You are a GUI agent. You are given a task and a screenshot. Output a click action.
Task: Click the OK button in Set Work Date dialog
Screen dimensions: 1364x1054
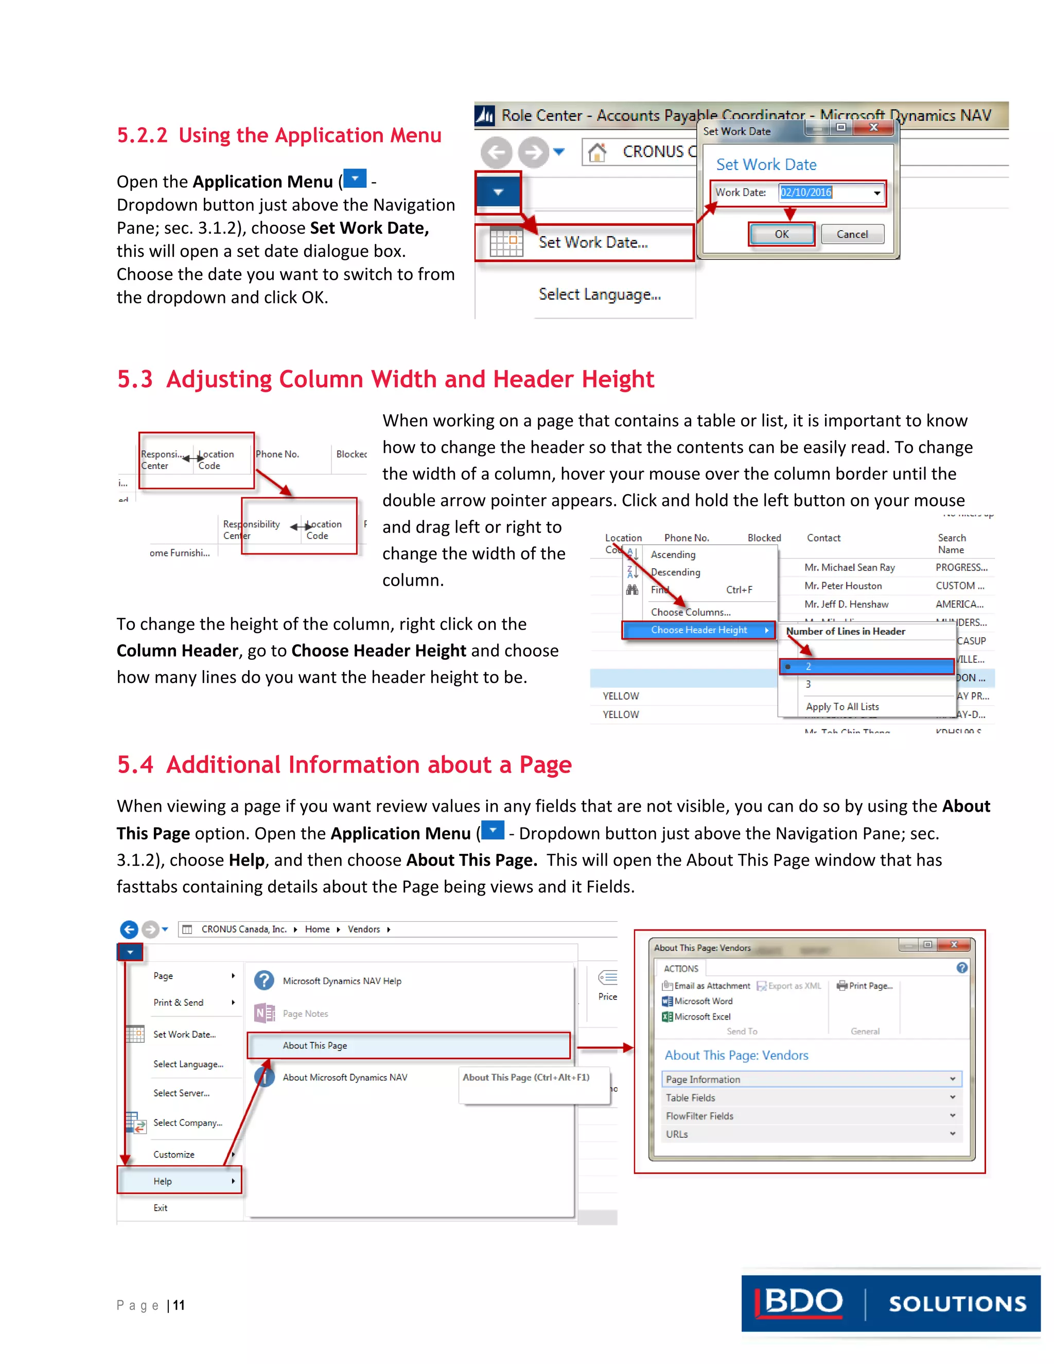(781, 234)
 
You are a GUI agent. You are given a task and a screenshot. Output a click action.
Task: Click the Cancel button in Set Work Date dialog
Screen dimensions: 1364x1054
(852, 234)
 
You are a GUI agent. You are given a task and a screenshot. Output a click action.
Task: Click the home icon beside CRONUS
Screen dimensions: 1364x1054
(597, 152)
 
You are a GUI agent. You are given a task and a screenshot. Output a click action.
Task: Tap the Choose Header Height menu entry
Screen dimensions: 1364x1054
(699, 629)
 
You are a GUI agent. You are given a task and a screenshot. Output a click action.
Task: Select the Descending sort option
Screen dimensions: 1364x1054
(675, 572)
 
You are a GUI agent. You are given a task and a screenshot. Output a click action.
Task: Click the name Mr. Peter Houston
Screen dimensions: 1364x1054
(842, 586)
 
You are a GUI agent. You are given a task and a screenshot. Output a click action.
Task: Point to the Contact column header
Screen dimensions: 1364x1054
(823, 538)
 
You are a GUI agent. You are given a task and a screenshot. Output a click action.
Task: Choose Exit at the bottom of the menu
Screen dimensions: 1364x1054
(161, 1208)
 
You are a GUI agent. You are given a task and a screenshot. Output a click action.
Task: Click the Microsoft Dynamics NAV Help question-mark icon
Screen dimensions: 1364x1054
(264, 981)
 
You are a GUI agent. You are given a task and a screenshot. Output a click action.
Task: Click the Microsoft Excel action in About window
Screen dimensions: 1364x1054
(701, 1017)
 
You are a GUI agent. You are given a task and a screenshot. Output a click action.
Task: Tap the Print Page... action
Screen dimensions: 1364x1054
(870, 986)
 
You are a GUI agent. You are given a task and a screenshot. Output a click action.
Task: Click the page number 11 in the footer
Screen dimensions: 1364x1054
(179, 1305)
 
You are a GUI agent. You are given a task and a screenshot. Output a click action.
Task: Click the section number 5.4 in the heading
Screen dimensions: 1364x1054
(135, 765)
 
